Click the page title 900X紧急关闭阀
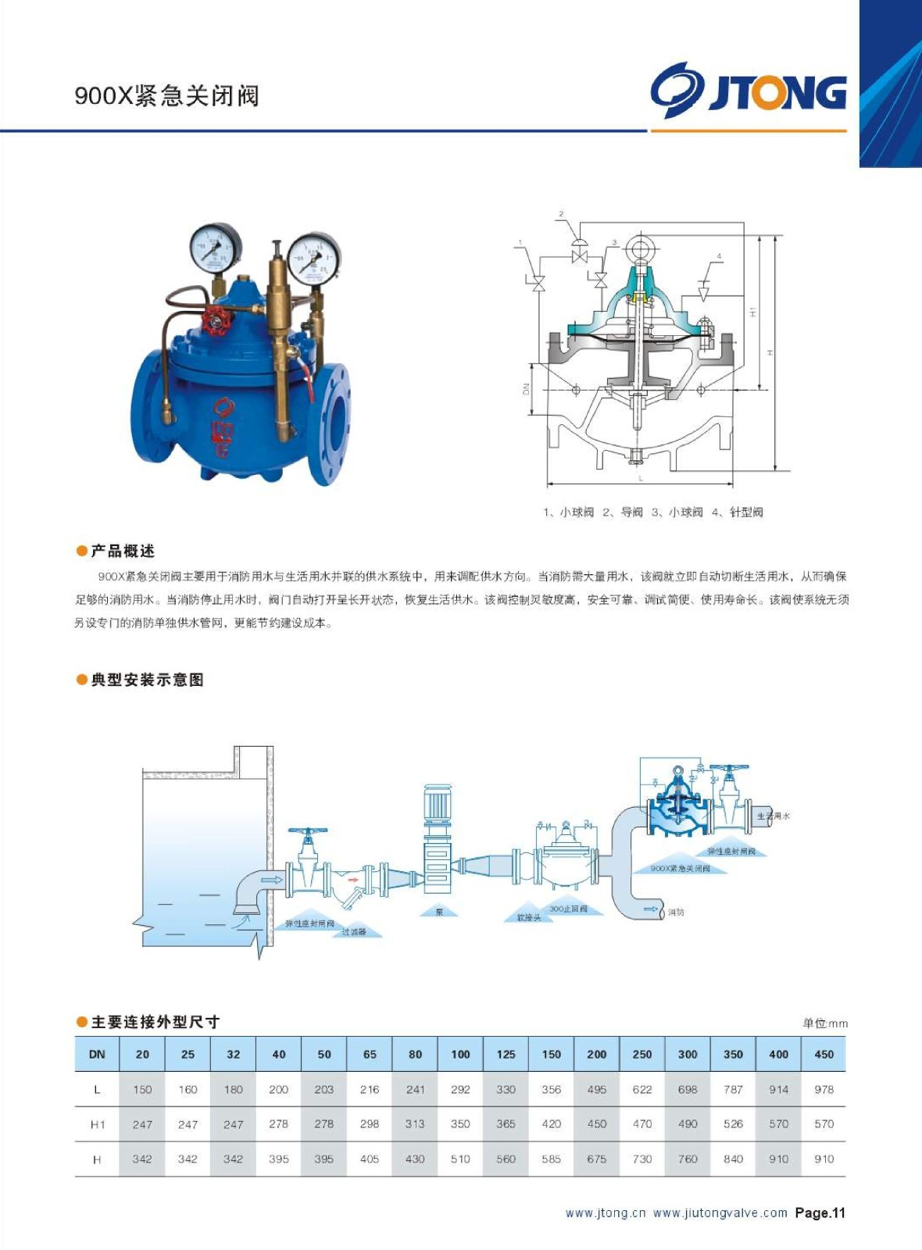166,95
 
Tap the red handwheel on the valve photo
215,320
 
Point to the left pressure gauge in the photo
216,248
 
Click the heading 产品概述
122,551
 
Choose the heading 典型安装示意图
147,680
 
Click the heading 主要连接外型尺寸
155,1022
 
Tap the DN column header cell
97,1054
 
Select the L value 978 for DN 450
824,1089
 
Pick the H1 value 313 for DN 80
415,1123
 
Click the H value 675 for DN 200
596,1159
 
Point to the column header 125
506,1054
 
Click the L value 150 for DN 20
142,1089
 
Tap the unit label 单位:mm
824,1023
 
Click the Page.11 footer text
820,1212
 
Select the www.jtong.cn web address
606,1212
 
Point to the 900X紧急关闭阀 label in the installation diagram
680,868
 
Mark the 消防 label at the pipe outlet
676,912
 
